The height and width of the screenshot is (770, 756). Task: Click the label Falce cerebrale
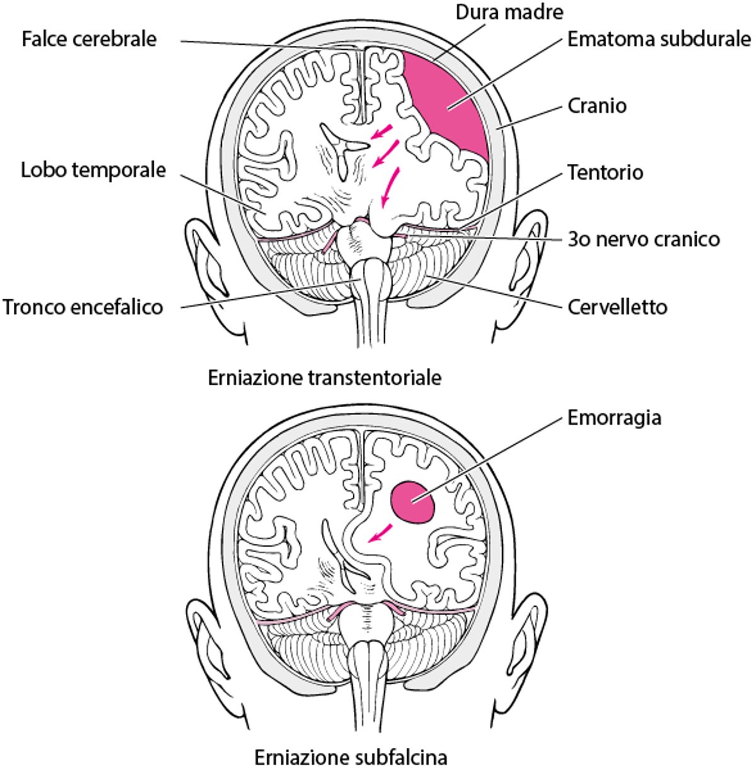pos(89,39)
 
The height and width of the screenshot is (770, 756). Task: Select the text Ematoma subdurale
pos(659,39)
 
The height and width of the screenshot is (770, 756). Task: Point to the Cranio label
pos(597,105)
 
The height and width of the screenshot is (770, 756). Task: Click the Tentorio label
pos(605,172)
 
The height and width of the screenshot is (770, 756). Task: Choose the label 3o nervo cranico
pos(643,239)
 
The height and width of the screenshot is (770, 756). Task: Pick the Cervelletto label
pos(617,307)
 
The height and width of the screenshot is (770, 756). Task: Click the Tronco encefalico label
pos(83,307)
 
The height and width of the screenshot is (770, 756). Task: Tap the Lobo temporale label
pos(93,170)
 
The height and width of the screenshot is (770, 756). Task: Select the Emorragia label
pos(614,417)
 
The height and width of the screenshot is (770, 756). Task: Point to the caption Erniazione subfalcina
pos(351,756)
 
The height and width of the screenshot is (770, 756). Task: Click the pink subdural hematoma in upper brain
pos(449,107)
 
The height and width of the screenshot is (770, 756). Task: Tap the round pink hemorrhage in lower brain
pos(413,502)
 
